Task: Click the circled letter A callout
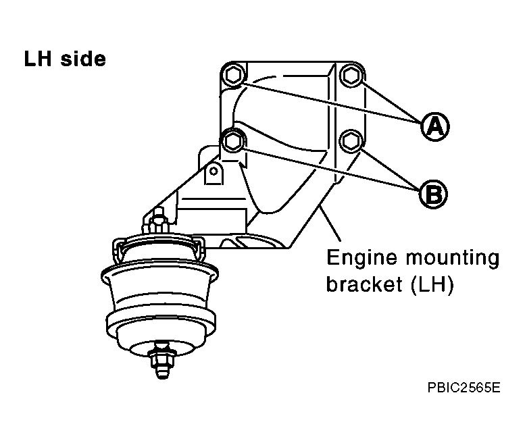click(434, 126)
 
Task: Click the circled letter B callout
click(433, 194)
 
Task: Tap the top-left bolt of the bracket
click(234, 75)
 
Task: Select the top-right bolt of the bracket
click(351, 75)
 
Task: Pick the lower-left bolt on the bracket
click(233, 141)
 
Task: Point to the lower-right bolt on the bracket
click(350, 141)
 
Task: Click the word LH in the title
click(38, 59)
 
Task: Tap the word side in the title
click(83, 59)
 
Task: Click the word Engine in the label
click(362, 259)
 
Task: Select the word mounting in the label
click(452, 259)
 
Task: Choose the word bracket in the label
click(364, 284)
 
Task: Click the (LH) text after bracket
click(432, 285)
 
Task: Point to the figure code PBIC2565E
click(464, 388)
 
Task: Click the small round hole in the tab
click(214, 172)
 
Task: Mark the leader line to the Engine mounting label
click(330, 224)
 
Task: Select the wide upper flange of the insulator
click(159, 271)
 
